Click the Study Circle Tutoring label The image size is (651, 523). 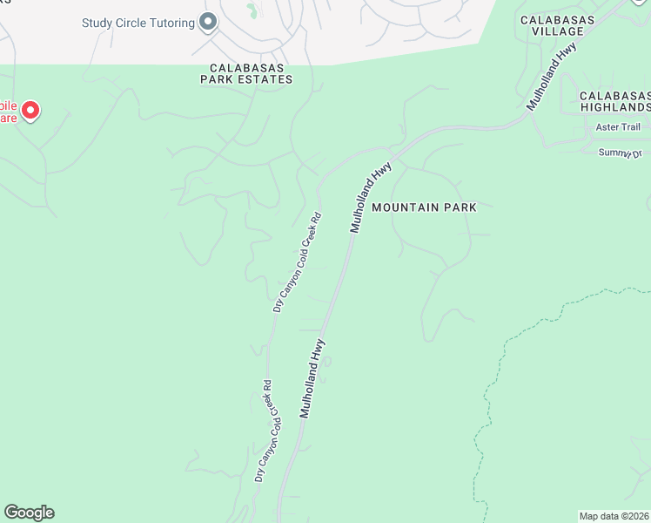(x=138, y=23)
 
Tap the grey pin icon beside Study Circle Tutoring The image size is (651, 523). (x=207, y=22)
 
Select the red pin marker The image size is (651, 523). (x=30, y=110)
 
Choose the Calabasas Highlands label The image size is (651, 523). (x=614, y=101)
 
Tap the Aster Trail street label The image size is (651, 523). (x=618, y=127)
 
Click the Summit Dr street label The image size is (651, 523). (x=619, y=153)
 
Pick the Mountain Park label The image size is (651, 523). (x=424, y=207)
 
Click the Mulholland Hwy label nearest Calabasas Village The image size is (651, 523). (x=552, y=78)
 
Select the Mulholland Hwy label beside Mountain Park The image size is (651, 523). (x=372, y=196)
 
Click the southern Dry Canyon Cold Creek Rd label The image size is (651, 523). (x=264, y=431)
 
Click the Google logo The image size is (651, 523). (x=29, y=513)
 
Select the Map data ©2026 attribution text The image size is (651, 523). (x=614, y=515)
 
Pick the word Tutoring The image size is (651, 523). (x=168, y=23)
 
